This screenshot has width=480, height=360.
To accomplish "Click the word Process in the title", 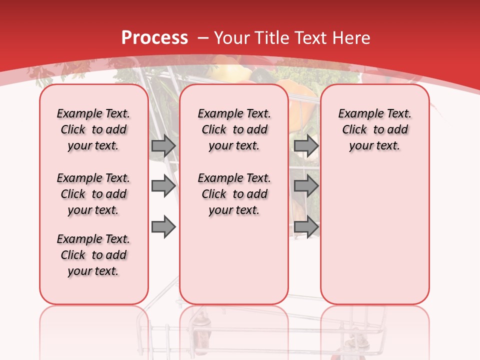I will tap(154, 38).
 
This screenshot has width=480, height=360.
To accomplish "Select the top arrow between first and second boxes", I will tap(163, 145).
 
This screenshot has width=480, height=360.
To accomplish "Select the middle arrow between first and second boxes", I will tap(163, 186).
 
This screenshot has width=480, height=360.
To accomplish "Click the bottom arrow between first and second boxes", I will tap(163, 227).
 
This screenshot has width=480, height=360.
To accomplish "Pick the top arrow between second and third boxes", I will tap(306, 145).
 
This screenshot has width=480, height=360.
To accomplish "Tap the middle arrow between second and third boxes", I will tap(306, 186).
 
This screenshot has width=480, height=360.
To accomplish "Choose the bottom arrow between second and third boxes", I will tap(306, 227).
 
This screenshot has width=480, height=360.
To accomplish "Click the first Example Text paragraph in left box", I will tap(93, 129).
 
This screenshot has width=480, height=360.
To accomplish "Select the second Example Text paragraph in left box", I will tap(93, 194).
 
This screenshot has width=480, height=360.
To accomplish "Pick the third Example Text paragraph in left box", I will tap(93, 255).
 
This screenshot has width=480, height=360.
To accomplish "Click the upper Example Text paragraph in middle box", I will tap(234, 129).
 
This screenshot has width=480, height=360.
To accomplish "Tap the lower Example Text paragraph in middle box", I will tap(234, 194).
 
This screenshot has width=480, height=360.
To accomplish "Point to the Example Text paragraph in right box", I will tap(374, 129).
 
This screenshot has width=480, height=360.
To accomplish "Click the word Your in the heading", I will tap(232, 38).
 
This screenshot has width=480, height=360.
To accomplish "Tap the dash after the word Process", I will tap(203, 38).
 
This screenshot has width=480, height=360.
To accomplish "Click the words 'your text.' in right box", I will tap(374, 146).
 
